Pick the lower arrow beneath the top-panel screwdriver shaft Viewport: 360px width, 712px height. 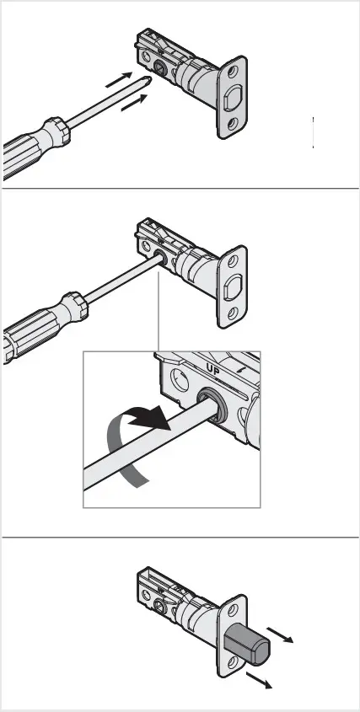[x=134, y=104]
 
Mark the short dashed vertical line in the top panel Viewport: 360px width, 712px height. [x=314, y=133]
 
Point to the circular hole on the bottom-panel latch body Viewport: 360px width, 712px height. [x=160, y=605]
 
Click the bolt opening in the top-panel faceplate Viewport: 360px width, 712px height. [x=233, y=98]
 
